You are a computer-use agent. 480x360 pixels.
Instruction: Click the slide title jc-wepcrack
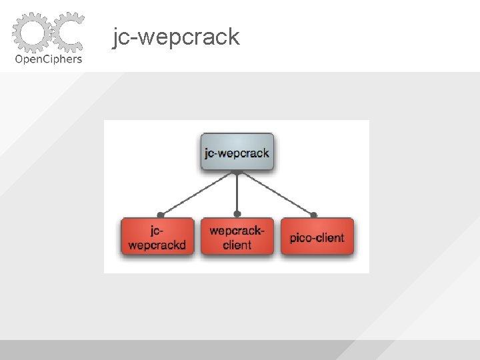pos(176,37)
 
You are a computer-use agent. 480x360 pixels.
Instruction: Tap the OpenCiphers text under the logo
pos(48,59)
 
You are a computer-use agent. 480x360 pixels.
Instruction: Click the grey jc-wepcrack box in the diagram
pos(237,153)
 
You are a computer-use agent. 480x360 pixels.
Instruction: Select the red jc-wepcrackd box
pos(157,237)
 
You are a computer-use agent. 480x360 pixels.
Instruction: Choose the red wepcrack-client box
pos(237,237)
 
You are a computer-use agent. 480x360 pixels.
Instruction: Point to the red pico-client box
pos(317,237)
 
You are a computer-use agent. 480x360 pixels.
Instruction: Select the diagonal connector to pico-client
pos(275,194)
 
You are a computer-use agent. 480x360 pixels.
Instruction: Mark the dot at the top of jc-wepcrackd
pos(160,215)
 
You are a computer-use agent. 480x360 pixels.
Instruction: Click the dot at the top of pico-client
pos(313,215)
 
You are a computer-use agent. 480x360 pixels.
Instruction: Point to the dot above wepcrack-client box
pos(237,215)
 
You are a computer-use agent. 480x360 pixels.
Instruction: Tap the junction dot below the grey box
pos(237,172)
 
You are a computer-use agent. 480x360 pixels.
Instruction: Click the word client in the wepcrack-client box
pos(237,245)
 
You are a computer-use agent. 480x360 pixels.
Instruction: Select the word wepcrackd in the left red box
pos(157,245)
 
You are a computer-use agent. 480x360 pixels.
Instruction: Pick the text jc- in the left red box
pos(157,231)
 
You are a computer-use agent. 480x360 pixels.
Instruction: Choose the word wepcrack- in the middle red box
pos(237,231)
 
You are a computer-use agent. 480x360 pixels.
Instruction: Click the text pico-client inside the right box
pos(317,237)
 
